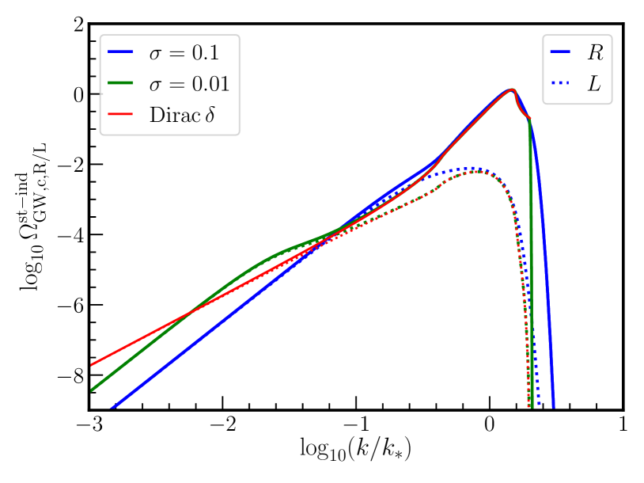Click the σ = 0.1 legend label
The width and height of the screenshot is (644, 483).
click(x=184, y=53)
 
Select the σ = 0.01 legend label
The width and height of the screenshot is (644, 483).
click(x=190, y=84)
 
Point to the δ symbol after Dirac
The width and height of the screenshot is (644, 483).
click(x=210, y=115)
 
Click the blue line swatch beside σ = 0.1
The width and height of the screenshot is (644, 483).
click(x=121, y=53)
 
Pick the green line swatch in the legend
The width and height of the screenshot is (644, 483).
click(x=121, y=84)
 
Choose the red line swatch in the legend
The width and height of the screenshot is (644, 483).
click(x=121, y=115)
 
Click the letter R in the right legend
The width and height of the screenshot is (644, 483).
click(x=593, y=53)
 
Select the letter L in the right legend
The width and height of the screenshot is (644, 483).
click(x=593, y=84)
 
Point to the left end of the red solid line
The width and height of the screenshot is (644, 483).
click(x=92, y=365)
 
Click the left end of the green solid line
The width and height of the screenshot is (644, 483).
click(x=92, y=390)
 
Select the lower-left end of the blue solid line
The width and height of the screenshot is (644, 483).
click(x=112, y=408)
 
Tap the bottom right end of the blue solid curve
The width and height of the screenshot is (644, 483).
click(x=553, y=407)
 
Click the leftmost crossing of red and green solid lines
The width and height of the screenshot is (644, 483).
click(x=184, y=316)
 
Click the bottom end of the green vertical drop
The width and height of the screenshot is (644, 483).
click(x=532, y=407)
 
